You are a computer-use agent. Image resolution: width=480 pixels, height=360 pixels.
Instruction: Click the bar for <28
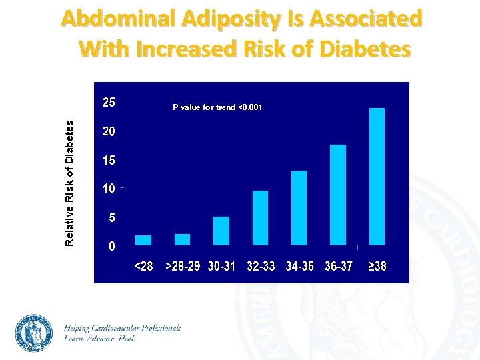[143, 240]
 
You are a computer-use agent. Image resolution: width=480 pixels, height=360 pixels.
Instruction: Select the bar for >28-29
[182, 239]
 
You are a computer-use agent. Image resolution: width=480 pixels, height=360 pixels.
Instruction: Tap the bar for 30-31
[221, 231]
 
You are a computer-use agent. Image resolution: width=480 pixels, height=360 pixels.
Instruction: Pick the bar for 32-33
[260, 218]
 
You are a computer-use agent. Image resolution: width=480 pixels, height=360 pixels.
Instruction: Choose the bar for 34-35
[299, 208]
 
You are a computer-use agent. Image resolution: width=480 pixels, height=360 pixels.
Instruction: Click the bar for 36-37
[338, 195]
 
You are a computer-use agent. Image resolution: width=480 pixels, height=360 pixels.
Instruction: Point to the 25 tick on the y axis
[108, 103]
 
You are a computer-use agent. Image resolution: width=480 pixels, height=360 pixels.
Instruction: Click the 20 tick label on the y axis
[108, 132]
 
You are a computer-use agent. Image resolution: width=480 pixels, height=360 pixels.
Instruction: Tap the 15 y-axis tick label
[108, 161]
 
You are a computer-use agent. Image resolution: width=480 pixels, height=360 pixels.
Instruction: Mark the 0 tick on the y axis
[111, 246]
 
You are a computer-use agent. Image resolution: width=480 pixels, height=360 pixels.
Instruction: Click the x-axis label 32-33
[261, 266]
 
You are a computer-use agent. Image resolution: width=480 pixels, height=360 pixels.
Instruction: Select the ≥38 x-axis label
[377, 266]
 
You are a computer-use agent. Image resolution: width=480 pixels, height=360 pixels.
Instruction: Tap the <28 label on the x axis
[143, 266]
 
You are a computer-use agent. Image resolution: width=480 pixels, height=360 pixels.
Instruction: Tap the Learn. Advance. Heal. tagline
[100, 339]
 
